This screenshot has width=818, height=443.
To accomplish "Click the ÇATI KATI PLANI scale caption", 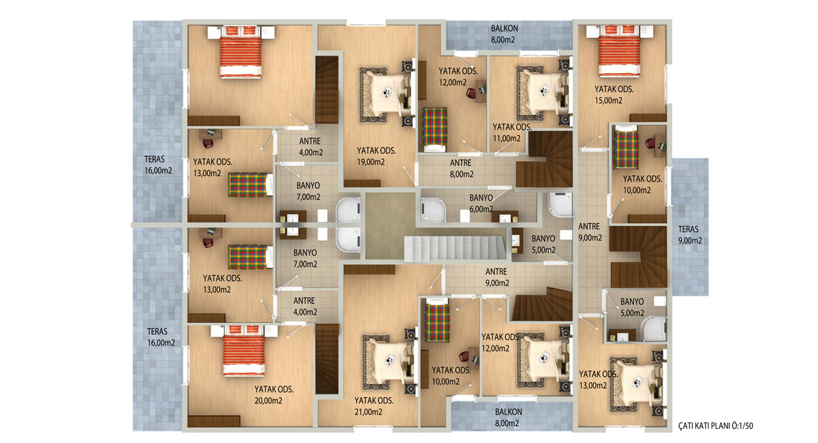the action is point(715,426).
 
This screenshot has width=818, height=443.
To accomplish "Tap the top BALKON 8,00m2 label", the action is point(504,34).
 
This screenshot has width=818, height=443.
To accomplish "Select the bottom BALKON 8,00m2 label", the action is point(508,417).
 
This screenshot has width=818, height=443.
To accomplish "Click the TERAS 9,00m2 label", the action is point(689,235).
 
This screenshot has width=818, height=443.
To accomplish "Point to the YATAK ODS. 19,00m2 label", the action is point(376,156).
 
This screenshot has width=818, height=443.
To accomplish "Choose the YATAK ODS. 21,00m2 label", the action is point(374,406).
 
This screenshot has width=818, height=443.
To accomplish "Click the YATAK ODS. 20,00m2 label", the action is point(274,395).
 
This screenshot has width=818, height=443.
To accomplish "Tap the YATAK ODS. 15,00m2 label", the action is point(614,95).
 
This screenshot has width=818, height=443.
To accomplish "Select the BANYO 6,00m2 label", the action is point(481,203).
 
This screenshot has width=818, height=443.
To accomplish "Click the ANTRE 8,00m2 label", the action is point(461,169).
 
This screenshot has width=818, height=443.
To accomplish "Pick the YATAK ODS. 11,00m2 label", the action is point(512,132).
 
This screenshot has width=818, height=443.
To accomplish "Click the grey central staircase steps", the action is point(455,248).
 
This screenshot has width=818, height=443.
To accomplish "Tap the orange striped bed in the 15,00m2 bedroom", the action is point(620,51).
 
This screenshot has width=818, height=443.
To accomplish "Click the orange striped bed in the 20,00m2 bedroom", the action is point(244,350).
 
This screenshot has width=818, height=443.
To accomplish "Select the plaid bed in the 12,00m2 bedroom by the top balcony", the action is point(435,130).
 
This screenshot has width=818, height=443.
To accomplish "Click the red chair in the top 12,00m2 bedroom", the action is point(471,93).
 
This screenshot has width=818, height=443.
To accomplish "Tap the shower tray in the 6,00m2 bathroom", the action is point(433,210).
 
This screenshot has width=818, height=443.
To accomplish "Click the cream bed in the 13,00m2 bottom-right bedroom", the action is point(639,384).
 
